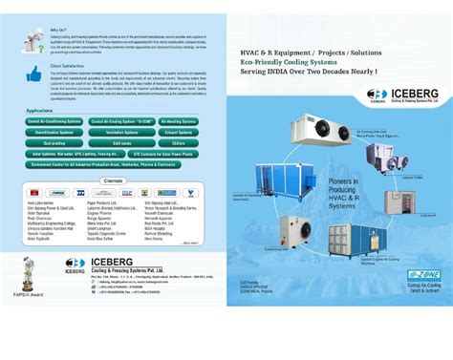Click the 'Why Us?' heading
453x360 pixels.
pos(58,30)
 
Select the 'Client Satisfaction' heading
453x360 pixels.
pos(65,66)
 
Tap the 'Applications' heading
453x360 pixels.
pos(46,110)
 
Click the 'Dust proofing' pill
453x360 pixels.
pos(56,142)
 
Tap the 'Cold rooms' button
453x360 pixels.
pos(123,142)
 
